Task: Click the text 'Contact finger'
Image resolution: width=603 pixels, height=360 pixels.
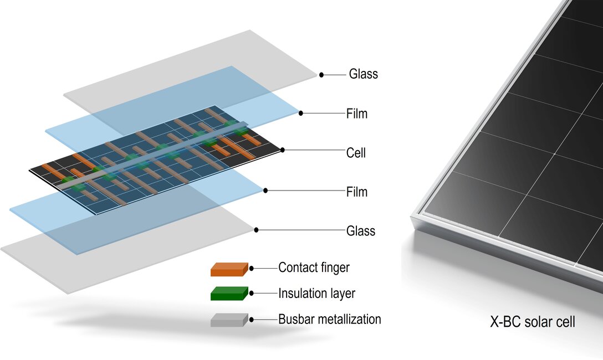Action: pyautogui.click(x=314, y=268)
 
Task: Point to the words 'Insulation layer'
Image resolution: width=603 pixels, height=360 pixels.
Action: pyautogui.click(x=316, y=294)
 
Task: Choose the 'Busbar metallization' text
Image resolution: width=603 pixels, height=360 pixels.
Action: pyautogui.click(x=329, y=320)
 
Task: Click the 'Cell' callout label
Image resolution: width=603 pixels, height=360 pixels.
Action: pyautogui.click(x=356, y=153)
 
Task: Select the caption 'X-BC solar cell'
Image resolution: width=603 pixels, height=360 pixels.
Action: pyautogui.click(x=533, y=321)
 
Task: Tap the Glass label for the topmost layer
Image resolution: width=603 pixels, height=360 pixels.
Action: pyautogui.click(x=363, y=74)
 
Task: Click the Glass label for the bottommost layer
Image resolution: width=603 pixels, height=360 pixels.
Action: pyautogui.click(x=360, y=230)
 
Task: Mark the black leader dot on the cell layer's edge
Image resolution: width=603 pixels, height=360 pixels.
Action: pyautogui.click(x=283, y=150)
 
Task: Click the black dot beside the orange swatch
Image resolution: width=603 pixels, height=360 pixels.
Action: pyautogui.click(x=252, y=268)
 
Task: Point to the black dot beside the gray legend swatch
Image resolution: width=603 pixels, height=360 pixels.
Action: pyautogui.click(x=252, y=320)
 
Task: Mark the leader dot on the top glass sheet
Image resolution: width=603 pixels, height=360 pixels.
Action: pyautogui.click(x=321, y=74)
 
